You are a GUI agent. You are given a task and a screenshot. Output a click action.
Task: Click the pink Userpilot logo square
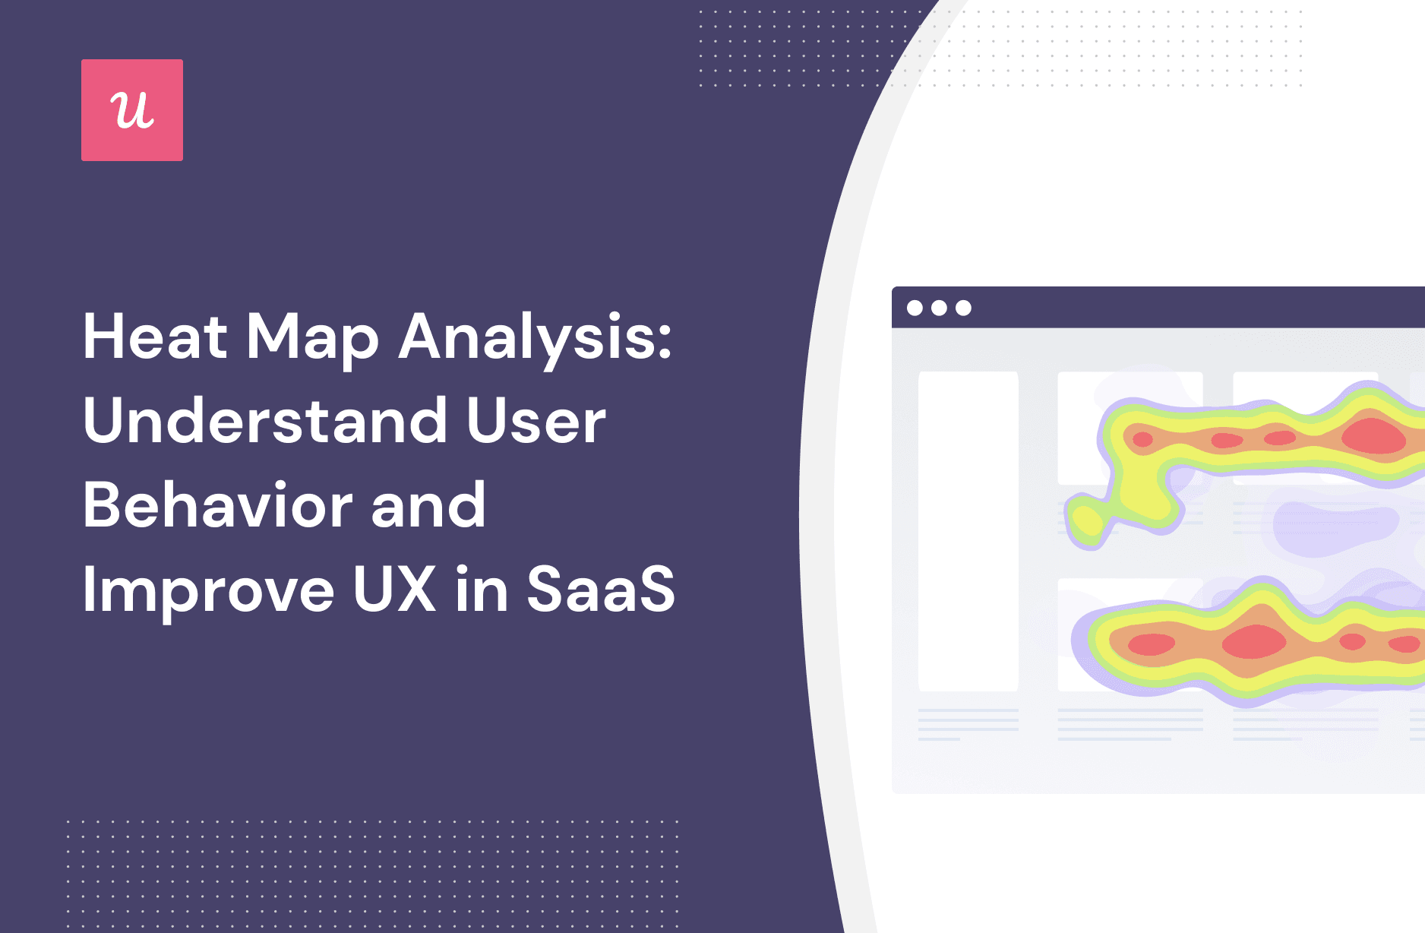coord(132,110)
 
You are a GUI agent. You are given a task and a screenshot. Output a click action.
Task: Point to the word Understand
coord(266,421)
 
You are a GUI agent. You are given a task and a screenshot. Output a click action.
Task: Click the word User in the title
coord(536,421)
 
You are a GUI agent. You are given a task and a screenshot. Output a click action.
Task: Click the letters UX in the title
coord(395,590)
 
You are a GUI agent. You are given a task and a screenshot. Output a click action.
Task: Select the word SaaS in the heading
coord(600,590)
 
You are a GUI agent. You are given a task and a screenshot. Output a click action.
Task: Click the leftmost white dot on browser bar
coord(915,308)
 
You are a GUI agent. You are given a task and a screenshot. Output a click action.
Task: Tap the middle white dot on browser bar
coord(940,308)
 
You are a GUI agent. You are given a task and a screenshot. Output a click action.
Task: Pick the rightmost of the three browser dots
coord(964,308)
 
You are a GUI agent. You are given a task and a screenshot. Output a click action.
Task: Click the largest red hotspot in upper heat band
coord(1373,436)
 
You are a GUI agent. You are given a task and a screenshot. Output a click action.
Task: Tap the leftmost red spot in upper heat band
coord(1142,439)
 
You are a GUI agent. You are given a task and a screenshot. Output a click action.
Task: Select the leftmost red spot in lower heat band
coord(1152,644)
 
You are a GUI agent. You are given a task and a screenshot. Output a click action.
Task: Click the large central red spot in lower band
coord(1253,641)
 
